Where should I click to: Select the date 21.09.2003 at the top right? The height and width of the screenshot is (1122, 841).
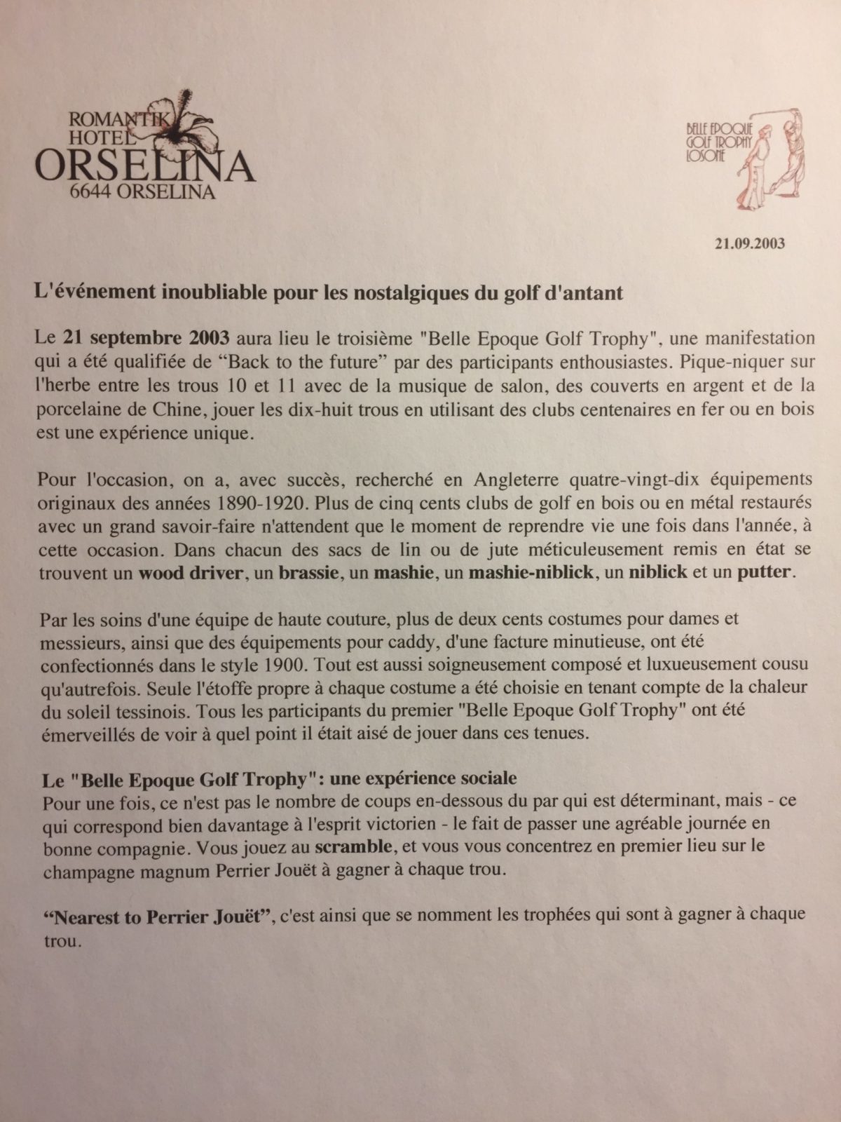pos(749,244)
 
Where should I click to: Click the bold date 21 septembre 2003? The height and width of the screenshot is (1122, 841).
pos(146,338)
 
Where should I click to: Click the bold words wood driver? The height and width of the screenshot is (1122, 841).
pos(190,572)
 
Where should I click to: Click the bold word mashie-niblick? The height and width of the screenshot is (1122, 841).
pos(532,572)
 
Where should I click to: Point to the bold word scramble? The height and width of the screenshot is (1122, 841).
pos(354,846)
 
